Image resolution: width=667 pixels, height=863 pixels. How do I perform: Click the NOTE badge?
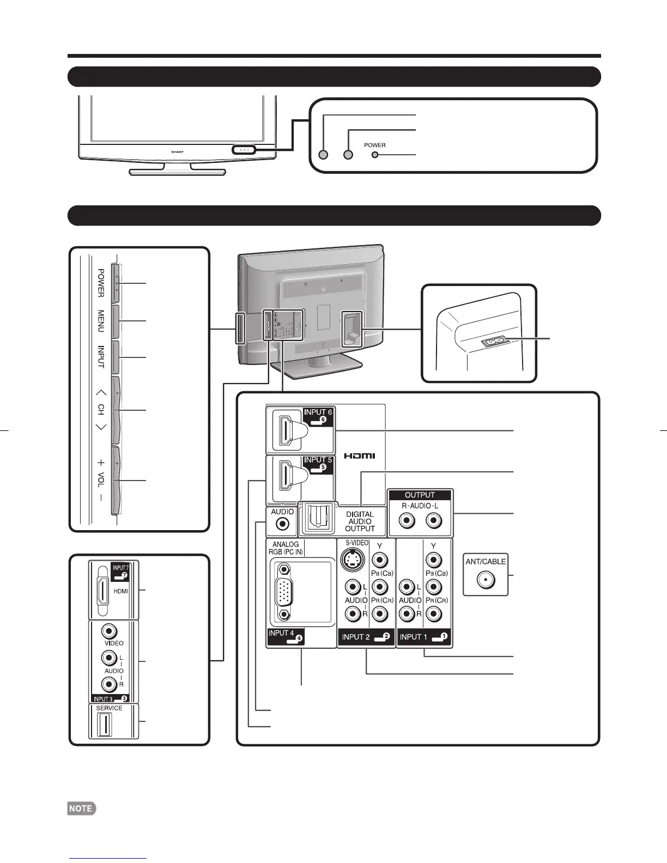[x=81, y=809]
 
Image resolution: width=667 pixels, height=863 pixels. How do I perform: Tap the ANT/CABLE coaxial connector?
[x=485, y=580]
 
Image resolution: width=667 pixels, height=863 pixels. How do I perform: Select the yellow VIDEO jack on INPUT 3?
[x=110, y=631]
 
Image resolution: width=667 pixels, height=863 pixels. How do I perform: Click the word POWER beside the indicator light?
[x=375, y=145]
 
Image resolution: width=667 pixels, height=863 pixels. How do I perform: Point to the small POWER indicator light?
[x=374, y=155]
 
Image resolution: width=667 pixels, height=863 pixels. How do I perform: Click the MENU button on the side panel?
[x=116, y=321]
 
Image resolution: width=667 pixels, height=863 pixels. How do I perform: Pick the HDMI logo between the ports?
[x=359, y=455]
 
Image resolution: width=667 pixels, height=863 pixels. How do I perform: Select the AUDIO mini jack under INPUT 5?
[x=282, y=524]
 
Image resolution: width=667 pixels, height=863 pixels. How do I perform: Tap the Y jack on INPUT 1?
[x=433, y=560]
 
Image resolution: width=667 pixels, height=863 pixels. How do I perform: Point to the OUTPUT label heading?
[x=420, y=495]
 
